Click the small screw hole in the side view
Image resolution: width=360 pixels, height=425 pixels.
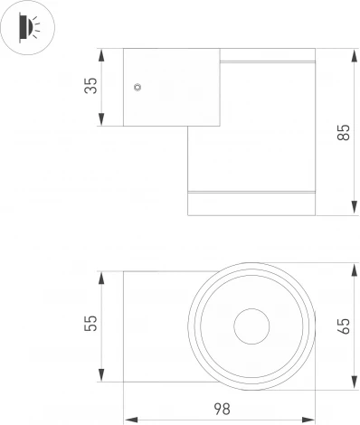137,87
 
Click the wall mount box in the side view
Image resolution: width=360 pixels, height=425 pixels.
158,86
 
